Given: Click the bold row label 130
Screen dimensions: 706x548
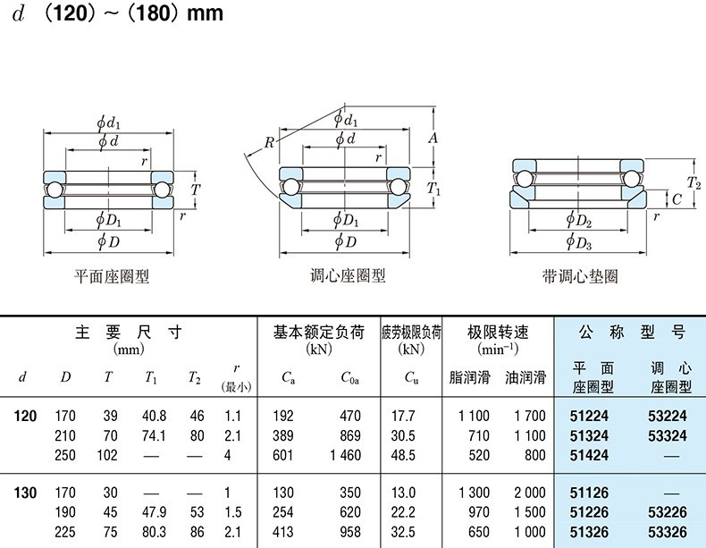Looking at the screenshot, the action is click(25, 492).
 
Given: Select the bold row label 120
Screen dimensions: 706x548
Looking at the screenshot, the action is click(25, 416).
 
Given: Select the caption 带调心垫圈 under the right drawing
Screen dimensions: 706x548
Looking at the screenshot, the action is click(579, 276).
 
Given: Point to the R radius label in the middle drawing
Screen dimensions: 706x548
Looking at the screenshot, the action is click(268, 142).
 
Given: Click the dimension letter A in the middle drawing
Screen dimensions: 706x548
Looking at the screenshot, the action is click(432, 138).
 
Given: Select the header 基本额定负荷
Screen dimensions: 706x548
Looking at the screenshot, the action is click(318, 333).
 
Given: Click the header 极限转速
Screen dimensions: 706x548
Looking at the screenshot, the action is click(498, 333).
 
